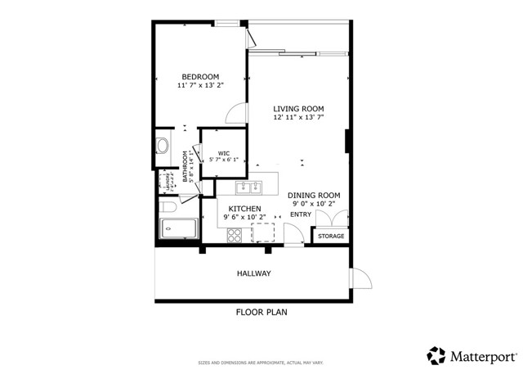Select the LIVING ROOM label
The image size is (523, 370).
[x=298, y=109]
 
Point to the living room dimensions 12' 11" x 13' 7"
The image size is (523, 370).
[x=298, y=118]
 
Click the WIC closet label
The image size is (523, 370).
[x=223, y=151]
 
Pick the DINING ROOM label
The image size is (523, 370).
[x=315, y=195]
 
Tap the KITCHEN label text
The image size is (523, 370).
[x=244, y=209]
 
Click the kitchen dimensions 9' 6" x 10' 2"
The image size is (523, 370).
[x=244, y=218]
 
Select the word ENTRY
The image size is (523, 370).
[x=301, y=215]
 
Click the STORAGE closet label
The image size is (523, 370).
[x=331, y=237]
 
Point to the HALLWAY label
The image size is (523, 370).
[x=254, y=273]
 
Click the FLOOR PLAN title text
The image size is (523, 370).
[x=261, y=313]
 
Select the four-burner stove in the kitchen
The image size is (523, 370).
[x=235, y=235]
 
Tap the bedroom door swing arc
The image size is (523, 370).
[x=235, y=114]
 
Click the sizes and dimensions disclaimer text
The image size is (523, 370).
[x=261, y=361]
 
